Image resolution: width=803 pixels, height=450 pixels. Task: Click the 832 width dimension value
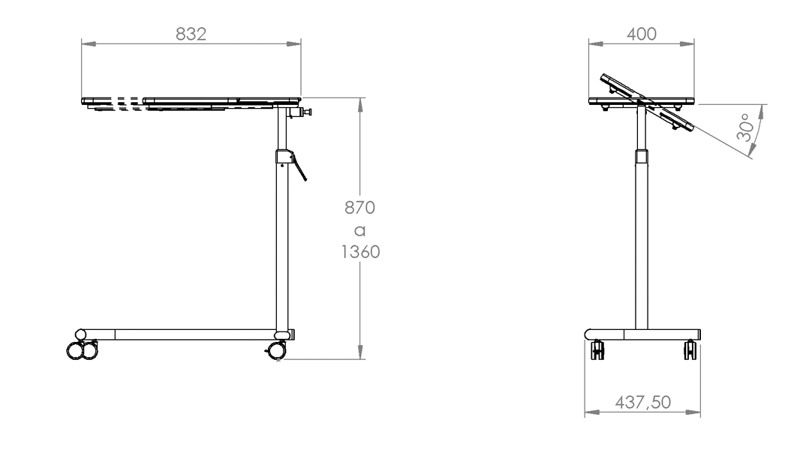pyautogui.click(x=191, y=34)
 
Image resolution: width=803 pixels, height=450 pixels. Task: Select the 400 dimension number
pyautogui.click(x=641, y=34)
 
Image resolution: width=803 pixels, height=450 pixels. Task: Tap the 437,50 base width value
pyautogui.click(x=642, y=402)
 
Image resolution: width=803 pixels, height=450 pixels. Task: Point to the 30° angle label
pyautogui.click(x=745, y=127)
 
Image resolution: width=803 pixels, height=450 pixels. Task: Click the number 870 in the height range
pyautogui.click(x=359, y=207)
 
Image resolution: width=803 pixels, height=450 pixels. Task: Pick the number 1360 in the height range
pyautogui.click(x=360, y=252)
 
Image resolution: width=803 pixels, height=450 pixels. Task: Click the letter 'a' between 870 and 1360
pyautogui.click(x=360, y=231)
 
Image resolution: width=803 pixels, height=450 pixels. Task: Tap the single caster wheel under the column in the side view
pyautogui.click(x=276, y=351)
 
